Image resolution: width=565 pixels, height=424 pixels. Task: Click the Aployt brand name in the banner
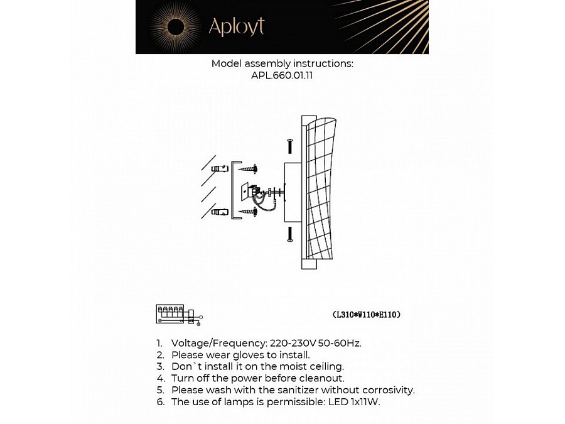pyautogui.click(x=236, y=26)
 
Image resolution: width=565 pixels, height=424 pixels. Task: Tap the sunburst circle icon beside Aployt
pyautogui.click(x=175, y=26)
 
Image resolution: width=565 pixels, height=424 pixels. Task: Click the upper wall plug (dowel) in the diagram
pyautogui.click(x=220, y=168)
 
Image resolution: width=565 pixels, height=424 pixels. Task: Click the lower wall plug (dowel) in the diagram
pyautogui.click(x=220, y=212)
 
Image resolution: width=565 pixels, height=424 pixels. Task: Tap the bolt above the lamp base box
pyautogui.click(x=289, y=146)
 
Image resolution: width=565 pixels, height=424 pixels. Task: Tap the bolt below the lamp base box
pyautogui.click(x=289, y=234)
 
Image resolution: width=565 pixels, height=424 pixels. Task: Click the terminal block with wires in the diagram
pyautogui.click(x=254, y=192)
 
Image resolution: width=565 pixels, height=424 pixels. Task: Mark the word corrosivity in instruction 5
pyautogui.click(x=387, y=390)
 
